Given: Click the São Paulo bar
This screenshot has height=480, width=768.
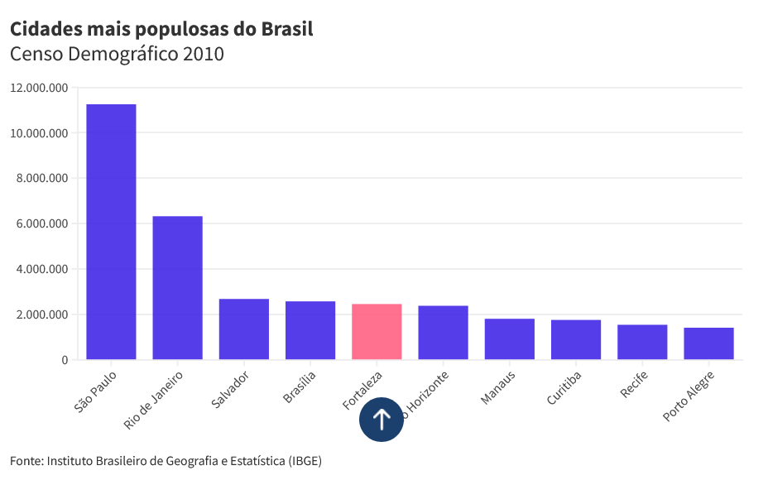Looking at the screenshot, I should coord(111,232).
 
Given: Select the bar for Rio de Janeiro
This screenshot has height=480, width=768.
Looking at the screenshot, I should coord(177,288).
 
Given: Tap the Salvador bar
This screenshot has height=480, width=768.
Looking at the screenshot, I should coord(243,329).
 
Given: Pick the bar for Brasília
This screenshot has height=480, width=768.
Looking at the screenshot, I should coord(310,330).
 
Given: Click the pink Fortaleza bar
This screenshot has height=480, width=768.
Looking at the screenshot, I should coord(377,332).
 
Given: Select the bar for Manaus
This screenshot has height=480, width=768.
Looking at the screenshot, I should coord(509,339).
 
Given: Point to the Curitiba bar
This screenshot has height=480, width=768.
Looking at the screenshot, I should coord(576,339).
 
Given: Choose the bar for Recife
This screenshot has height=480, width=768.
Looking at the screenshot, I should coord(642,342).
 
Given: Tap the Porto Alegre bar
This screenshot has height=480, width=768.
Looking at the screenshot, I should coord(708,343).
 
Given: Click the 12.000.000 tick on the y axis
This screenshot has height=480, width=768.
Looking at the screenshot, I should coord(39,88).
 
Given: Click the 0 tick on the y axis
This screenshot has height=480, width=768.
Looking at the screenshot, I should coord(64,360).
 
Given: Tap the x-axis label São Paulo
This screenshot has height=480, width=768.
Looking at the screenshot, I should coord(96,394).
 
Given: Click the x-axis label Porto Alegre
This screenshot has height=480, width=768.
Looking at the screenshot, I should coord(689,396).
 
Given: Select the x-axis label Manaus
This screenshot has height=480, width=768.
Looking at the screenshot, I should coord(498,388).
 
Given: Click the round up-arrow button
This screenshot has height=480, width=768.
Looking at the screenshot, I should coord(382,420).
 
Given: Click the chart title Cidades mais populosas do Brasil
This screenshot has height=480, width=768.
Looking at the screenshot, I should coord(161,30).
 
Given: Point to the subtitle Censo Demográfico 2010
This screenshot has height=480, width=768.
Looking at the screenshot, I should coord(117,55).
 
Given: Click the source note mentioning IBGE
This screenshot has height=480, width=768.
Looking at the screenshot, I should coord(166,460).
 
